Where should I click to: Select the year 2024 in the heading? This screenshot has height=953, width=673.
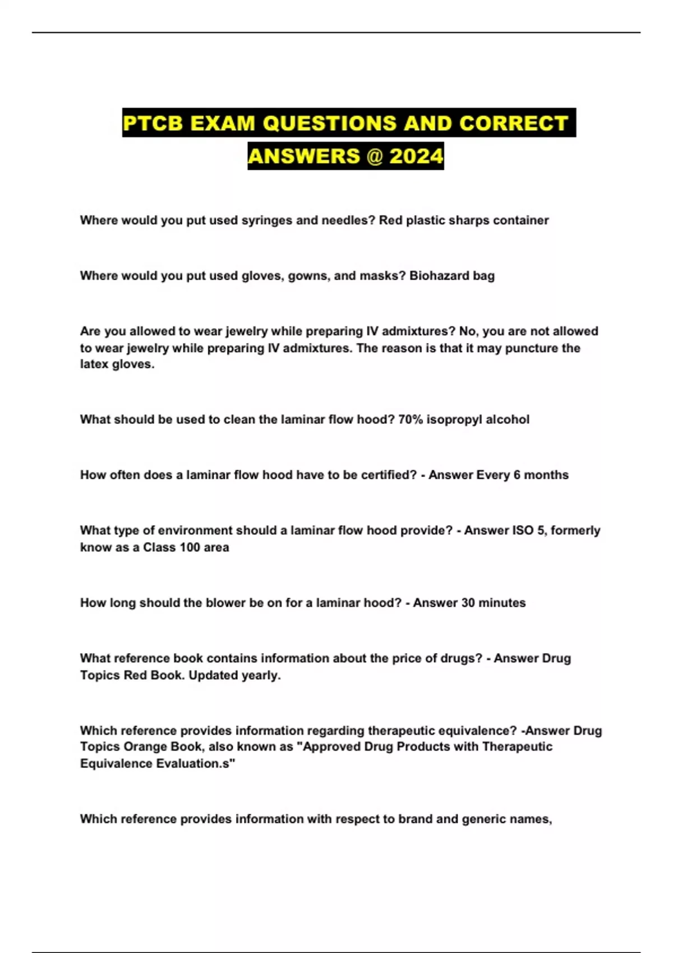(x=416, y=156)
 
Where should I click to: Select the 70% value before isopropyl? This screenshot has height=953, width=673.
(x=411, y=419)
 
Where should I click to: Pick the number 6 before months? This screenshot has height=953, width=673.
(x=517, y=475)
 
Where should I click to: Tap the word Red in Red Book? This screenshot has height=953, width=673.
(x=135, y=675)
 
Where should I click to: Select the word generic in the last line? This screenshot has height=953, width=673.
(x=487, y=819)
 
